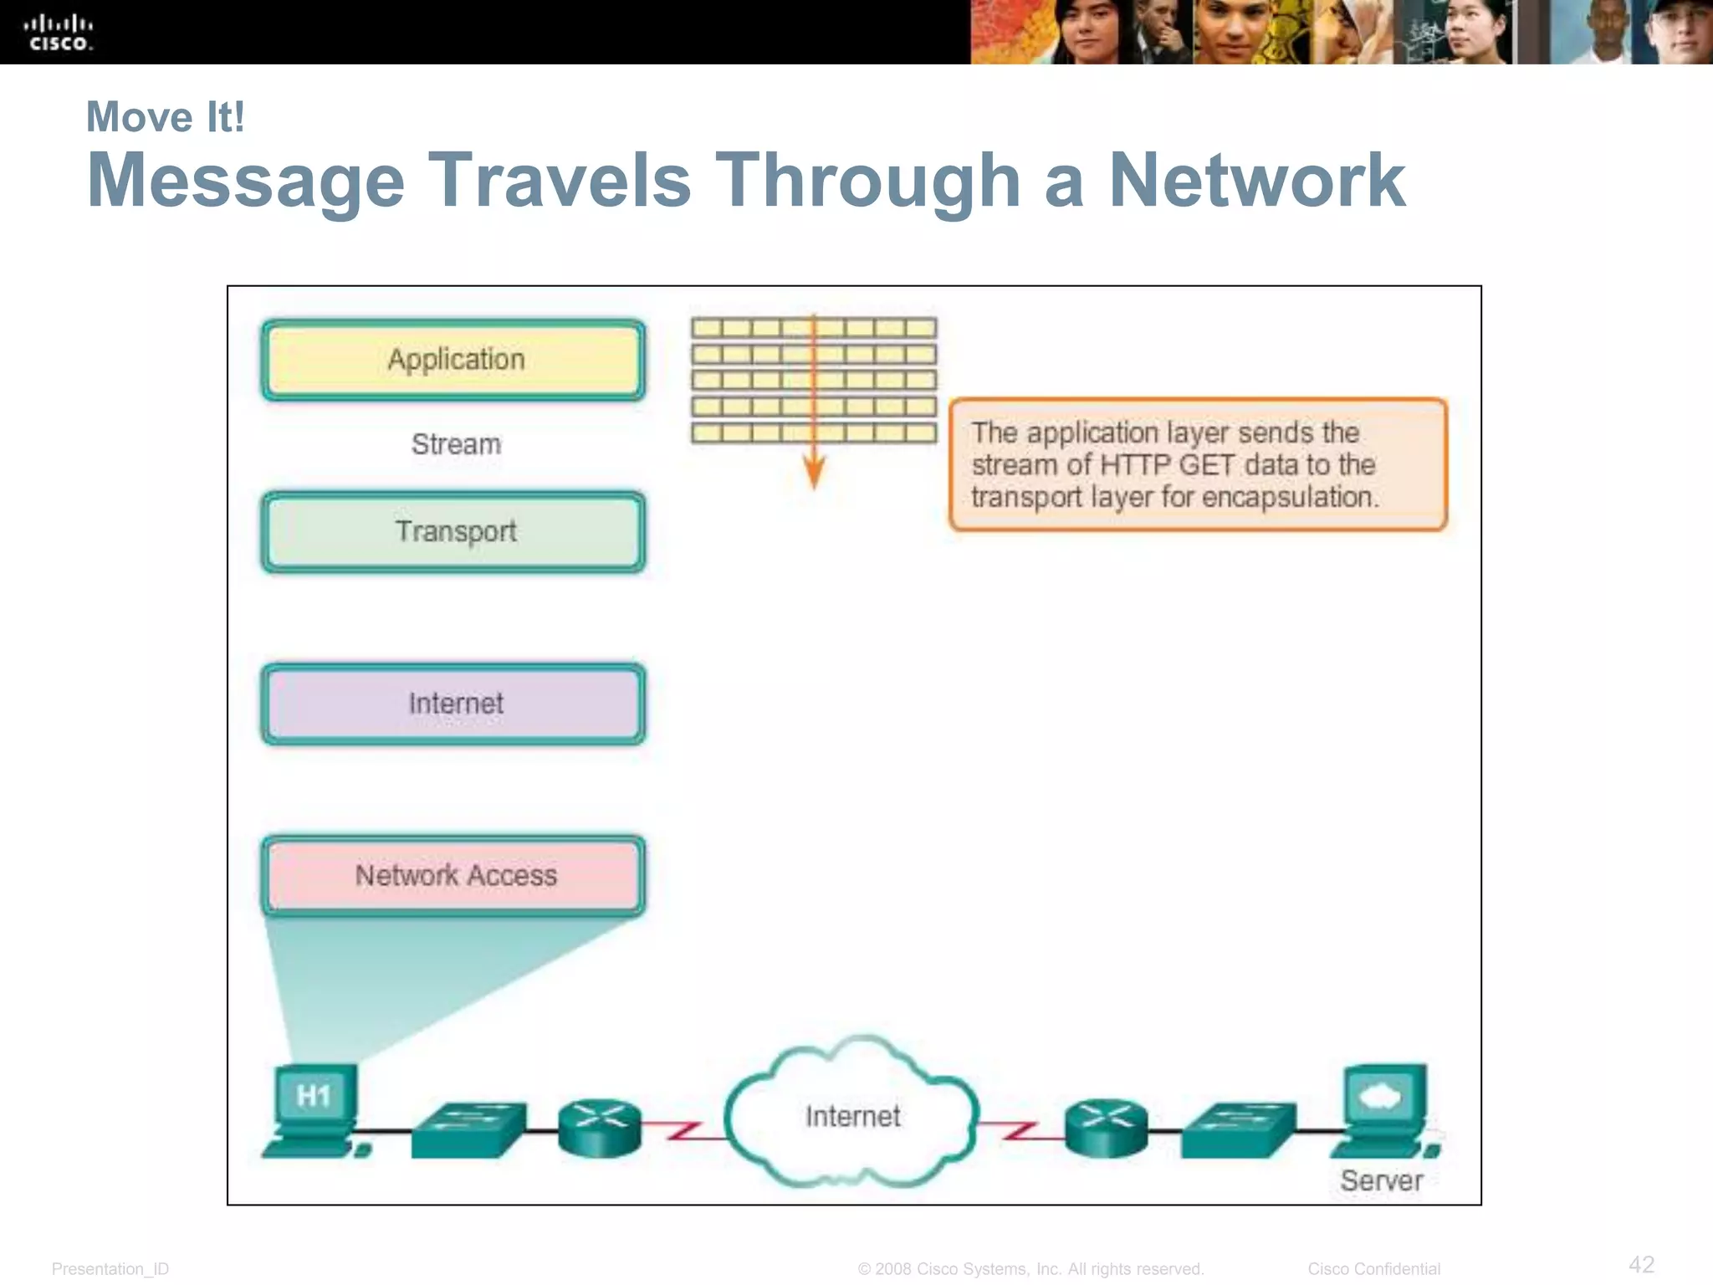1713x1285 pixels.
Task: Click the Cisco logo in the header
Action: click(58, 33)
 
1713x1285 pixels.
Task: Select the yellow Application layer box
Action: click(453, 360)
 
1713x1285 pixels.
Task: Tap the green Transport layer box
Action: click(453, 532)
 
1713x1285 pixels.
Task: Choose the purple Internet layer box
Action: click(453, 704)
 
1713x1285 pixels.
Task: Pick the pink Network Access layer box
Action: click(453, 875)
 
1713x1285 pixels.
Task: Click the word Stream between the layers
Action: click(456, 444)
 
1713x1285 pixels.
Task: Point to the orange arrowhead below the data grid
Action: click(814, 473)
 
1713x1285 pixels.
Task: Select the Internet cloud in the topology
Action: click(851, 1115)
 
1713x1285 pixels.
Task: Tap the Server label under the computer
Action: click(1381, 1180)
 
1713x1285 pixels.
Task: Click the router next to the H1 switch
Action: click(600, 1128)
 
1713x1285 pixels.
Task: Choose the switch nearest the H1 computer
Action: click(468, 1129)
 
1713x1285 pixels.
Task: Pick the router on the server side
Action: click(1106, 1128)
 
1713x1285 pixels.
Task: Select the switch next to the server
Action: click(1238, 1129)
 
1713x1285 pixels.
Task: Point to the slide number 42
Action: click(1641, 1264)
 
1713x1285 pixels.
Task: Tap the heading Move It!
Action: click(166, 117)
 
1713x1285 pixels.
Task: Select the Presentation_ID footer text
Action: click(110, 1269)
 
